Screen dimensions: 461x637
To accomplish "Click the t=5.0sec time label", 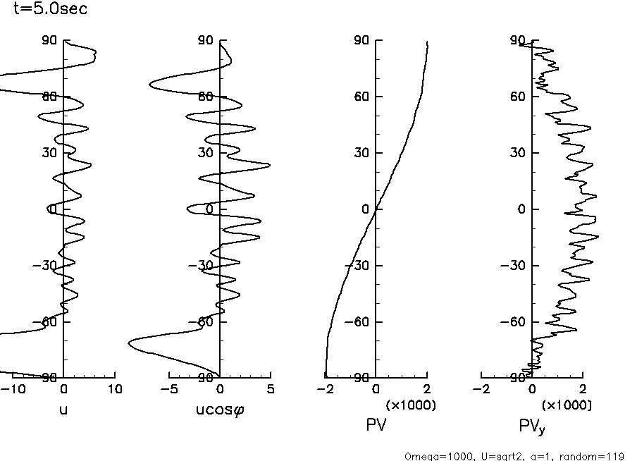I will coord(50,11).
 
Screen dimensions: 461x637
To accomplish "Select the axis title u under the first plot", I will coord(64,409).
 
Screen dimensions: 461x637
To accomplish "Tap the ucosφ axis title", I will coord(219,409).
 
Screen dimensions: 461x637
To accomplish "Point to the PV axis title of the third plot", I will coord(376,425).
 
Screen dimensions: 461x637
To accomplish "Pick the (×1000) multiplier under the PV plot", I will coord(411,405).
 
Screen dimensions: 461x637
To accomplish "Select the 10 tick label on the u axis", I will coord(115,389).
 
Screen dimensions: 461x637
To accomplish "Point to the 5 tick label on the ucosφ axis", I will coord(271,389).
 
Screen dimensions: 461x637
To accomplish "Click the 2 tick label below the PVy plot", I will coord(583,389).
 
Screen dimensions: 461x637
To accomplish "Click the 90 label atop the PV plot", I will coord(362,40).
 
